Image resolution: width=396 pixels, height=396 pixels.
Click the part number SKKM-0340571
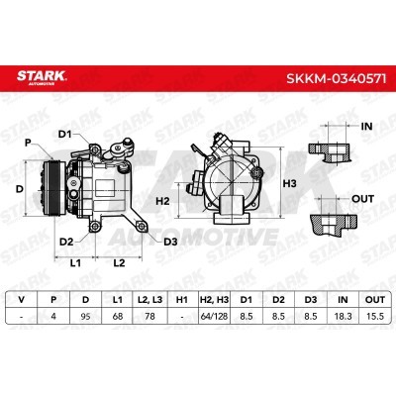(336, 79)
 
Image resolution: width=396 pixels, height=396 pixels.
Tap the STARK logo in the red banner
(42, 77)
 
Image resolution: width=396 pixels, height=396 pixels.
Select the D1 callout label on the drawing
(64, 135)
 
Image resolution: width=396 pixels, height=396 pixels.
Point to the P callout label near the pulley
(28, 143)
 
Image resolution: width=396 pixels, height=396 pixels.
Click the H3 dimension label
(290, 183)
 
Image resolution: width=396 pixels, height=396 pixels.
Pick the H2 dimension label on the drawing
(162, 200)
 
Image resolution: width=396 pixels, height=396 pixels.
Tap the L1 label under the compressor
(75, 263)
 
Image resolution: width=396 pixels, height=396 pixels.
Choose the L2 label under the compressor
(119, 263)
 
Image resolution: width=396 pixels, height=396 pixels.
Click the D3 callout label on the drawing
(170, 242)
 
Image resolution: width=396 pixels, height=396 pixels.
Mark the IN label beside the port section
(366, 127)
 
